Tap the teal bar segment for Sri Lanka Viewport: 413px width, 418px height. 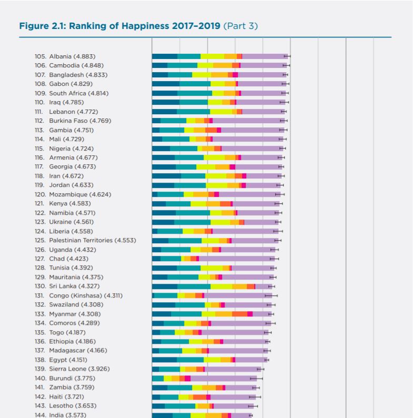pyautogui.click(x=194, y=286)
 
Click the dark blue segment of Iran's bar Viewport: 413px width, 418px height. pyautogui.click(x=166, y=176)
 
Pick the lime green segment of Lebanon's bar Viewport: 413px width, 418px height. pyautogui.click(x=220, y=112)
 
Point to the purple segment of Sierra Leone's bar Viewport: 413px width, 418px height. pyautogui.click(x=232, y=369)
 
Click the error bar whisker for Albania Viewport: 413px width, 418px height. pyautogui.click(x=287, y=56)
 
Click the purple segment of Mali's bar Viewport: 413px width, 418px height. pyautogui.click(x=247, y=139)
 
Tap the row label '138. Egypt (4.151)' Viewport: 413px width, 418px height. pyautogui.click(x=64, y=360)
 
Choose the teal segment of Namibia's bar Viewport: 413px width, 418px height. pyautogui.click(x=193, y=213)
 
